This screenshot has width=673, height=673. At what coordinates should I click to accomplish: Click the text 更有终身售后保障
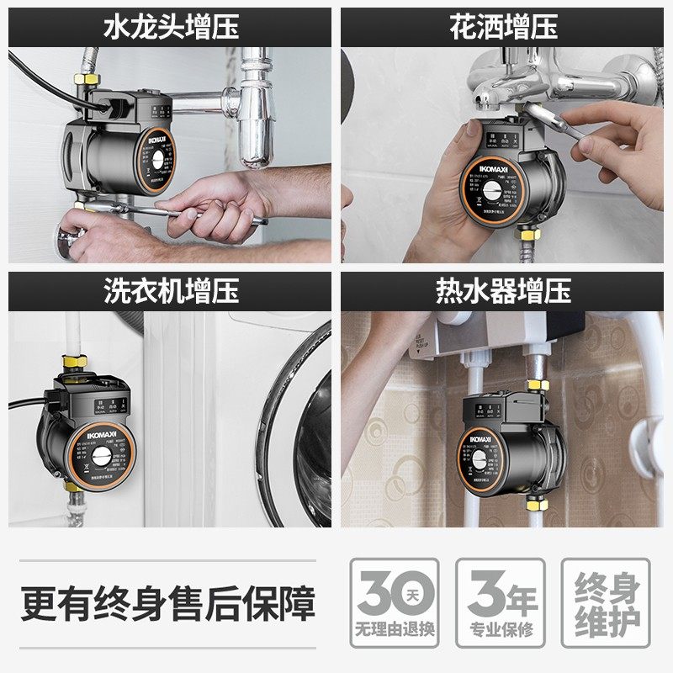168,603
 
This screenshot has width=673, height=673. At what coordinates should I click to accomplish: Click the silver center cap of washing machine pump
99,459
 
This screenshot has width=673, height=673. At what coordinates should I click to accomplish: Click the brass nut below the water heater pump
536,504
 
